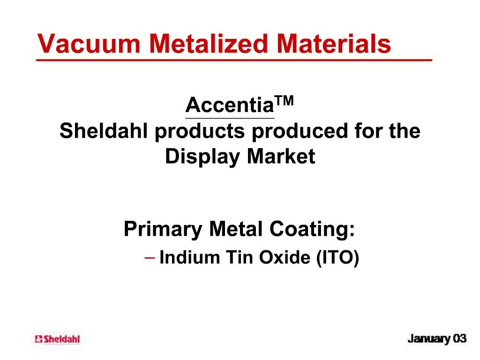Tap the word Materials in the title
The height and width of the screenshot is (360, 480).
click(333, 44)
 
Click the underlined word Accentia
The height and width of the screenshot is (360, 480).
click(229, 106)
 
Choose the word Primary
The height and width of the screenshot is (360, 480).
click(163, 230)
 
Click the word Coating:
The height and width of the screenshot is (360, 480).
click(312, 230)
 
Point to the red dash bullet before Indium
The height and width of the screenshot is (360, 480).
click(150, 257)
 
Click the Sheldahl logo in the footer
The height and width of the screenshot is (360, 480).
click(57, 339)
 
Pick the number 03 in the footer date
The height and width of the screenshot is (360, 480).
click(459, 338)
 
